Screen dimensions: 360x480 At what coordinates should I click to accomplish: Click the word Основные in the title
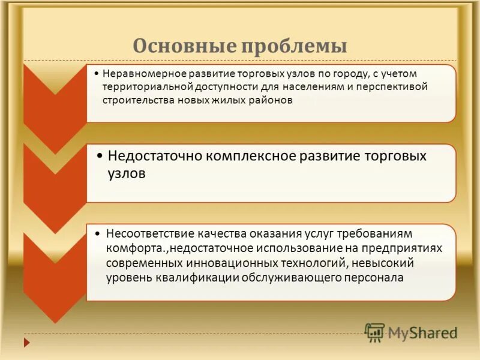[174, 46]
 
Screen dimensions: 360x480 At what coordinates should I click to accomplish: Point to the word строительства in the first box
[137, 100]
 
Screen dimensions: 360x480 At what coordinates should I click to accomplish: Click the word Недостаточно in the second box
[155, 156]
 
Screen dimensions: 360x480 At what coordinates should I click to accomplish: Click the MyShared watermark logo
[412, 332]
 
